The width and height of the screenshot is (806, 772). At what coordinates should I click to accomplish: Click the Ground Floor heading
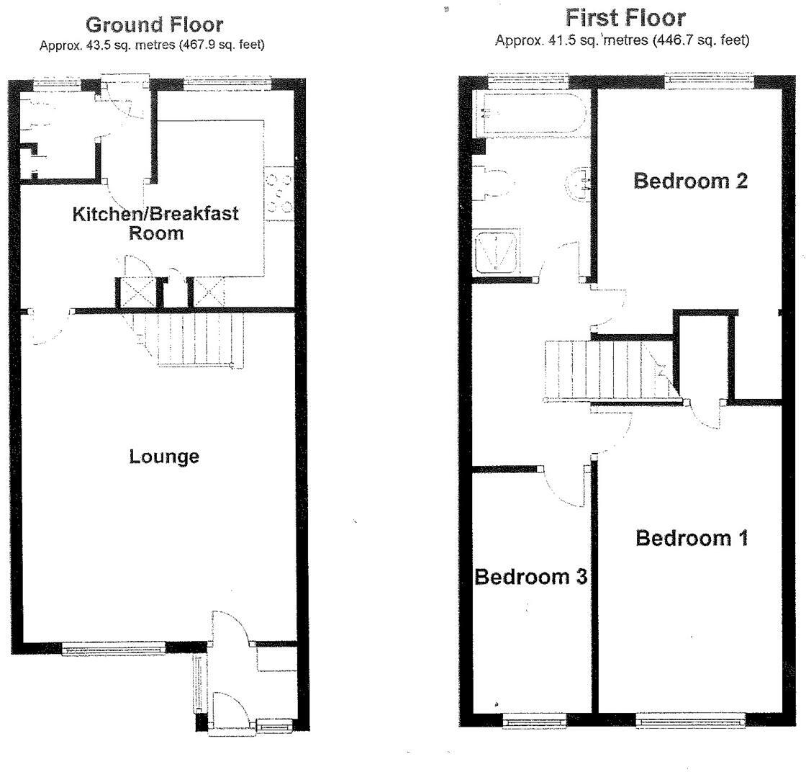[154, 24]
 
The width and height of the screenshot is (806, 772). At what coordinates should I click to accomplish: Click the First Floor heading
[625, 17]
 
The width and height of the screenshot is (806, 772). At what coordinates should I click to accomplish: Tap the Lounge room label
[164, 457]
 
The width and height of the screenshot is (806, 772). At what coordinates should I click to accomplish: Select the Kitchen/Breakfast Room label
[155, 223]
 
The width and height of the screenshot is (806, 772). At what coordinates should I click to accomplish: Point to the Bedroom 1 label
[692, 538]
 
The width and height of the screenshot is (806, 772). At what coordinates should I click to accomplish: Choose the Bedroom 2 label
[690, 181]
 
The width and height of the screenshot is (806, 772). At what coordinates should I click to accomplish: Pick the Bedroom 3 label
[531, 577]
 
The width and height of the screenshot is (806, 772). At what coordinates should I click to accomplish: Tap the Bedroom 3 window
[533, 718]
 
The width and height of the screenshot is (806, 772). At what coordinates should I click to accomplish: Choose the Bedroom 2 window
[709, 80]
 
